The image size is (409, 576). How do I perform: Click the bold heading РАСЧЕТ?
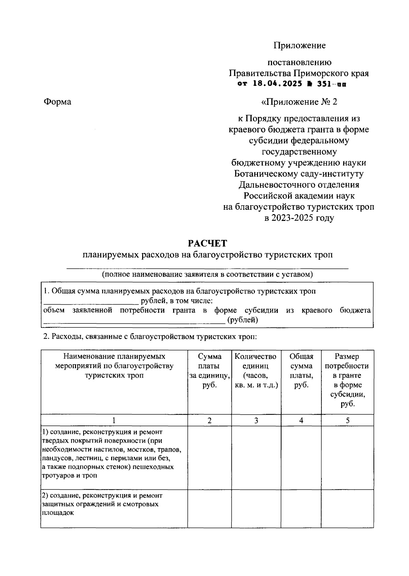click(x=207, y=243)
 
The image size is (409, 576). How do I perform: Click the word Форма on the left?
click(x=57, y=102)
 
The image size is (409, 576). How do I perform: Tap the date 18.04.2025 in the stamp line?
click(x=277, y=84)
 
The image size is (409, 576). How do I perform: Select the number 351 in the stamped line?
click(x=325, y=84)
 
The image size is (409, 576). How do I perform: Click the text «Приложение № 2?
click(x=299, y=102)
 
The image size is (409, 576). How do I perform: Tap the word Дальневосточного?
click(x=273, y=185)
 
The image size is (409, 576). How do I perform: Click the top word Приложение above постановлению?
click(x=299, y=45)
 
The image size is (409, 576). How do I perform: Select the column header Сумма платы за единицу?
click(x=210, y=371)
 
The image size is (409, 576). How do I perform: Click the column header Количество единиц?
click(x=256, y=371)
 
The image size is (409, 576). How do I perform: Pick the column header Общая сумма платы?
click(x=301, y=371)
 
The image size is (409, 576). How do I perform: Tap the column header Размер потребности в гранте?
click(x=347, y=380)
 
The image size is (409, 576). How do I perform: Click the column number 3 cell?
click(x=256, y=420)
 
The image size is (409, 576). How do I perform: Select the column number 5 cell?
click(x=348, y=420)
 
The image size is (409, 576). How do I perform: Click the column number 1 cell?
click(x=114, y=420)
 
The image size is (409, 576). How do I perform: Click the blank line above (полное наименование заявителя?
click(x=207, y=269)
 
